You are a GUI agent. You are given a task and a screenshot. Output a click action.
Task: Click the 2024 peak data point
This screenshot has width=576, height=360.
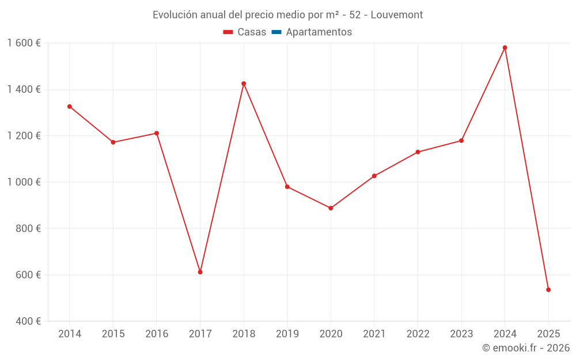click(x=505, y=48)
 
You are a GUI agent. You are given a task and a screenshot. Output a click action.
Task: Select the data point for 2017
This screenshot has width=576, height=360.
click(x=200, y=272)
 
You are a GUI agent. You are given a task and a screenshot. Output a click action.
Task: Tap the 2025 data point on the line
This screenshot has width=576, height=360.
click(x=548, y=290)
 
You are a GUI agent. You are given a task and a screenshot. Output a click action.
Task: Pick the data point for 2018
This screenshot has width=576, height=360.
click(x=244, y=84)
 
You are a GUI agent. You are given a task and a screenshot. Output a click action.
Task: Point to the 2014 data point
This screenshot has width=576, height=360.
click(x=70, y=107)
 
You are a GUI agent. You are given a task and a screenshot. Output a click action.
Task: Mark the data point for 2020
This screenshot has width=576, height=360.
click(x=331, y=208)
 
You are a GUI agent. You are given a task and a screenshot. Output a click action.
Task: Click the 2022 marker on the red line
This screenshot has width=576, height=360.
click(x=418, y=152)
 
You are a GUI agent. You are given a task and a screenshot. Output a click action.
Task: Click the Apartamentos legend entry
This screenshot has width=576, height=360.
click(x=319, y=32)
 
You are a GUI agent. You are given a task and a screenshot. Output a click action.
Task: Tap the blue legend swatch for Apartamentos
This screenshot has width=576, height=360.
click(x=276, y=32)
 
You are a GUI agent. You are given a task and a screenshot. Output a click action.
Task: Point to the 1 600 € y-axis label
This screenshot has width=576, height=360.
click(x=24, y=43)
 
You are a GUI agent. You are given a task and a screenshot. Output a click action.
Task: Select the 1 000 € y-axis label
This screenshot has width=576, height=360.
click(x=24, y=182)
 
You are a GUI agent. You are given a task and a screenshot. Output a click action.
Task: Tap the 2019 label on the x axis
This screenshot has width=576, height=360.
click(x=287, y=334)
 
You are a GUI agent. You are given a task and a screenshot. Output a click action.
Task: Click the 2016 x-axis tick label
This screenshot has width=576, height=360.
click(x=157, y=334)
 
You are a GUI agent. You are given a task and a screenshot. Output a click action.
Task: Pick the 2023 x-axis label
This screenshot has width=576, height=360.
click(x=461, y=334)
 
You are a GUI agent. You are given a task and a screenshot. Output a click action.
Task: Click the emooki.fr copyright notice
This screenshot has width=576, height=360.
click(x=525, y=348)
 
